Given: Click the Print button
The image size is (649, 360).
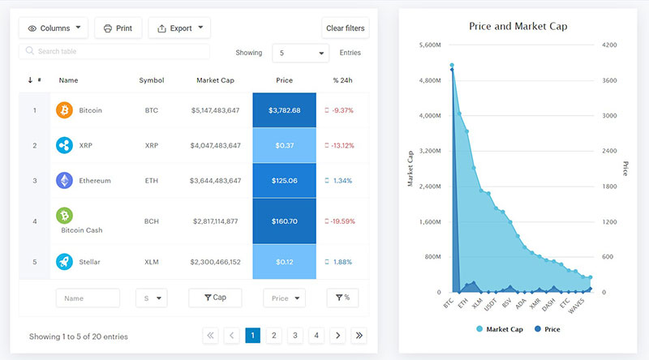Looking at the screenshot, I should [118, 28].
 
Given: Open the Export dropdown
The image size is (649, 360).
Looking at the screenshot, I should [179, 28].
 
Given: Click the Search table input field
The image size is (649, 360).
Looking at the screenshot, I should [114, 51].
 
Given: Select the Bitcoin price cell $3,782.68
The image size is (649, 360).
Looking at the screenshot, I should [285, 110].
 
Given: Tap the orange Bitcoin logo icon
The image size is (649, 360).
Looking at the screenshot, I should [64, 109].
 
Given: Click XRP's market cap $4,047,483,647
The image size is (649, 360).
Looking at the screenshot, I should [216, 146].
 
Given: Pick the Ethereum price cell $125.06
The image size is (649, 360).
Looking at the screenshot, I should [285, 181].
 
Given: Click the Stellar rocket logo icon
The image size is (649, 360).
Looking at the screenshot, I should [64, 261].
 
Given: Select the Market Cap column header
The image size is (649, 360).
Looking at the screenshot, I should [216, 80].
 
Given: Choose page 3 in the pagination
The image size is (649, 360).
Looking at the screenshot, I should [295, 335].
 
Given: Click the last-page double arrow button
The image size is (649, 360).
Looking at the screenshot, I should [359, 335].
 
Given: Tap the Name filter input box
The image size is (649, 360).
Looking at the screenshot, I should [88, 298].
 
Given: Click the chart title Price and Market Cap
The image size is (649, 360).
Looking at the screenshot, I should [518, 26].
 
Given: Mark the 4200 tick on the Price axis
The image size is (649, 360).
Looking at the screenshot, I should [608, 45].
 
